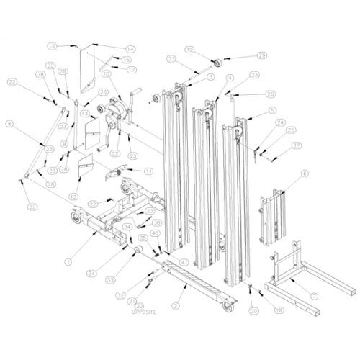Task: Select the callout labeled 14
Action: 130,49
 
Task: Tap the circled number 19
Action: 189,50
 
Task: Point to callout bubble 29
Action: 242,55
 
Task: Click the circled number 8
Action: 9,125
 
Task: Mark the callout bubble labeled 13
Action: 86,114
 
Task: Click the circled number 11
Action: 148,171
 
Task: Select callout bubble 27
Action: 297,145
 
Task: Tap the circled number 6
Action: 305,174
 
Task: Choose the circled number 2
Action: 175,305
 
